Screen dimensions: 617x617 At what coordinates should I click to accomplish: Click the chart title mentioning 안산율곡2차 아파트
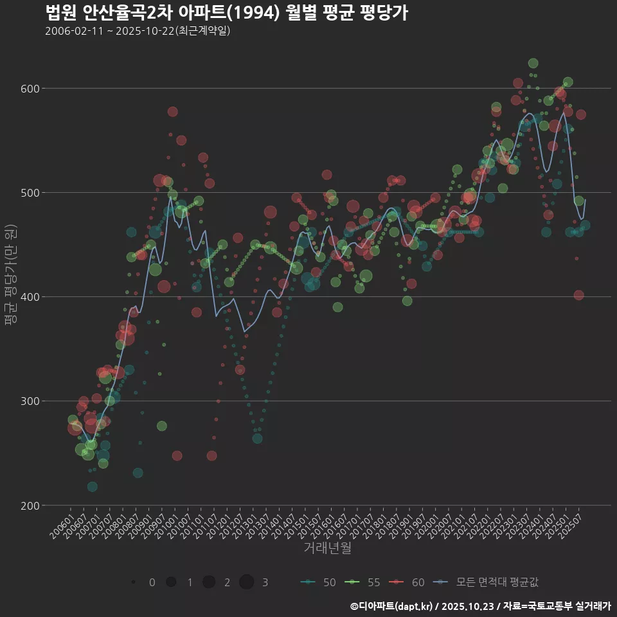[x=226, y=13]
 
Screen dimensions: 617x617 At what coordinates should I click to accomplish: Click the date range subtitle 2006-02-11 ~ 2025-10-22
[x=138, y=31]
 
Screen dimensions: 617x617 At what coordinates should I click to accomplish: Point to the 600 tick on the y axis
[x=30, y=89]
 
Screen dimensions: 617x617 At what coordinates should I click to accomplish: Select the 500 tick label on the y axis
[x=30, y=193]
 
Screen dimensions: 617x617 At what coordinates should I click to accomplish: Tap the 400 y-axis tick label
[x=30, y=297]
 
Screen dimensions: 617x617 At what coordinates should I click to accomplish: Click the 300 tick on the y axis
[x=30, y=401]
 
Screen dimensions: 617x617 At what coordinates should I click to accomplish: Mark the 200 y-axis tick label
[x=30, y=505]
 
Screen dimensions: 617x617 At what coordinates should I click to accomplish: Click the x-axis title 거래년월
[x=327, y=548]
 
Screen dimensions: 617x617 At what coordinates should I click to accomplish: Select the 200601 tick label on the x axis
[x=63, y=528]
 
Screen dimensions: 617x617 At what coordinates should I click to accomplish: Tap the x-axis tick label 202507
[x=571, y=528]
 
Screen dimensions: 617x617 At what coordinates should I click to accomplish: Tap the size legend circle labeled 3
[x=247, y=582]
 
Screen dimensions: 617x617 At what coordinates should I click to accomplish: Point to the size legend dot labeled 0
[x=133, y=582]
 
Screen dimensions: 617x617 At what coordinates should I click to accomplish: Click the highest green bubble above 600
[x=533, y=63]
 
